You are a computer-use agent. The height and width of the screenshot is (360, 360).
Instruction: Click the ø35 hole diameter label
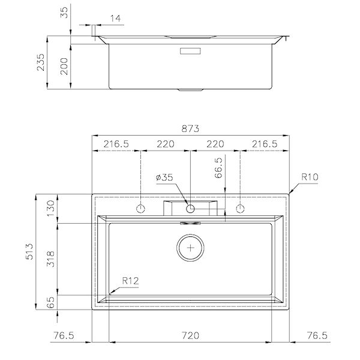(x=164, y=178)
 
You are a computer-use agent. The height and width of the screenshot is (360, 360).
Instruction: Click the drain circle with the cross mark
(x=190, y=247)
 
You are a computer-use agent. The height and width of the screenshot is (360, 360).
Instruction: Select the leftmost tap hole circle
(x=140, y=209)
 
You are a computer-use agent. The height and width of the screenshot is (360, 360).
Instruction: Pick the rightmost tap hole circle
(x=240, y=209)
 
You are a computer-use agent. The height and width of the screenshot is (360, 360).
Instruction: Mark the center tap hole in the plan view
(x=190, y=209)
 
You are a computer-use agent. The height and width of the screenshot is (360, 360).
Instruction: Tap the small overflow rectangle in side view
(x=190, y=51)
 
